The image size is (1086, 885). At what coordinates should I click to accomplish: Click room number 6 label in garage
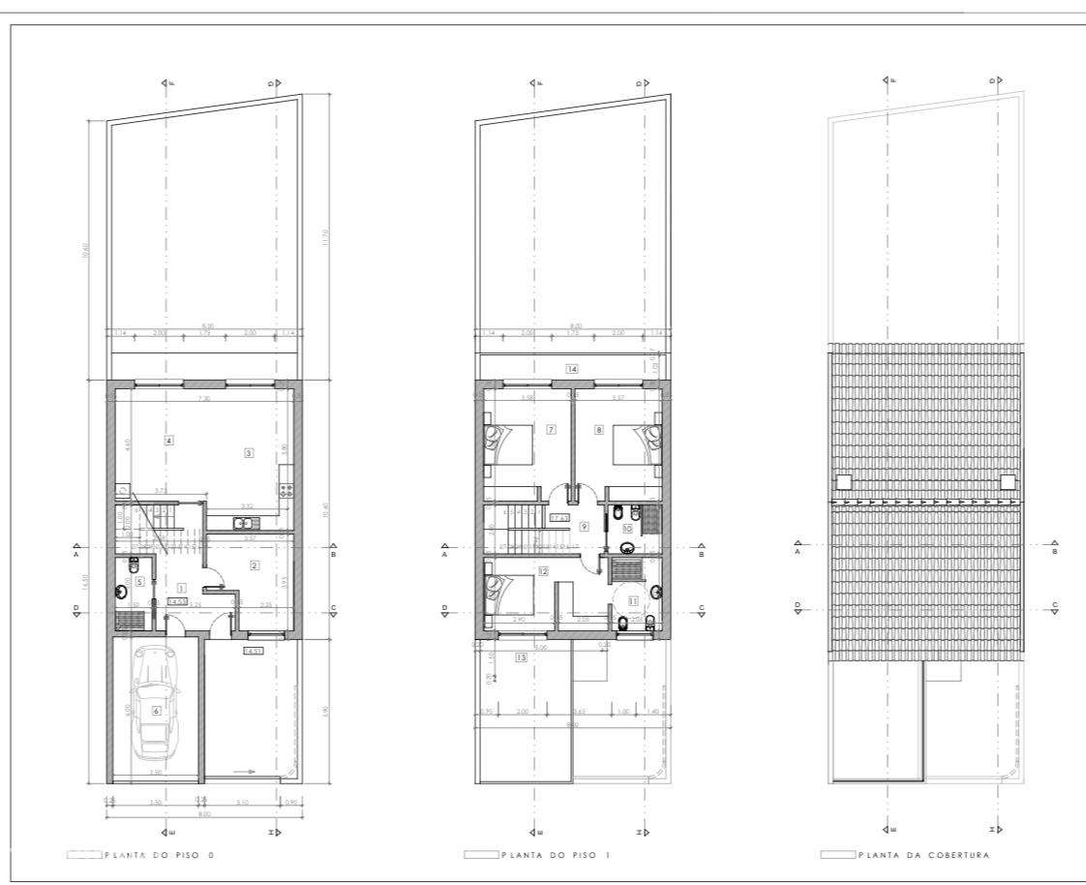coord(156,710)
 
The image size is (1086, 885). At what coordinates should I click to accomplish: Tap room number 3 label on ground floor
coord(249,453)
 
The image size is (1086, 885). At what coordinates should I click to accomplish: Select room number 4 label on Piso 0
coord(169,442)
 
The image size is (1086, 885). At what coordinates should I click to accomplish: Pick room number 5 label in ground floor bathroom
coord(140,581)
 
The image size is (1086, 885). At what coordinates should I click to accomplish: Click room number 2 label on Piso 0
coord(255,565)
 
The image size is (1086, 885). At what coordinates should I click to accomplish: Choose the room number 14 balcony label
coord(572,369)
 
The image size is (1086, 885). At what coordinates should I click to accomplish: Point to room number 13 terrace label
coord(522,657)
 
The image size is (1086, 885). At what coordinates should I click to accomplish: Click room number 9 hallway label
coord(584,527)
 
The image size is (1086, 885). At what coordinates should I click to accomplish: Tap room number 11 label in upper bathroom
coord(634,600)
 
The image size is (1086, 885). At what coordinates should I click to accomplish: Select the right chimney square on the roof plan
coord(1008,480)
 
